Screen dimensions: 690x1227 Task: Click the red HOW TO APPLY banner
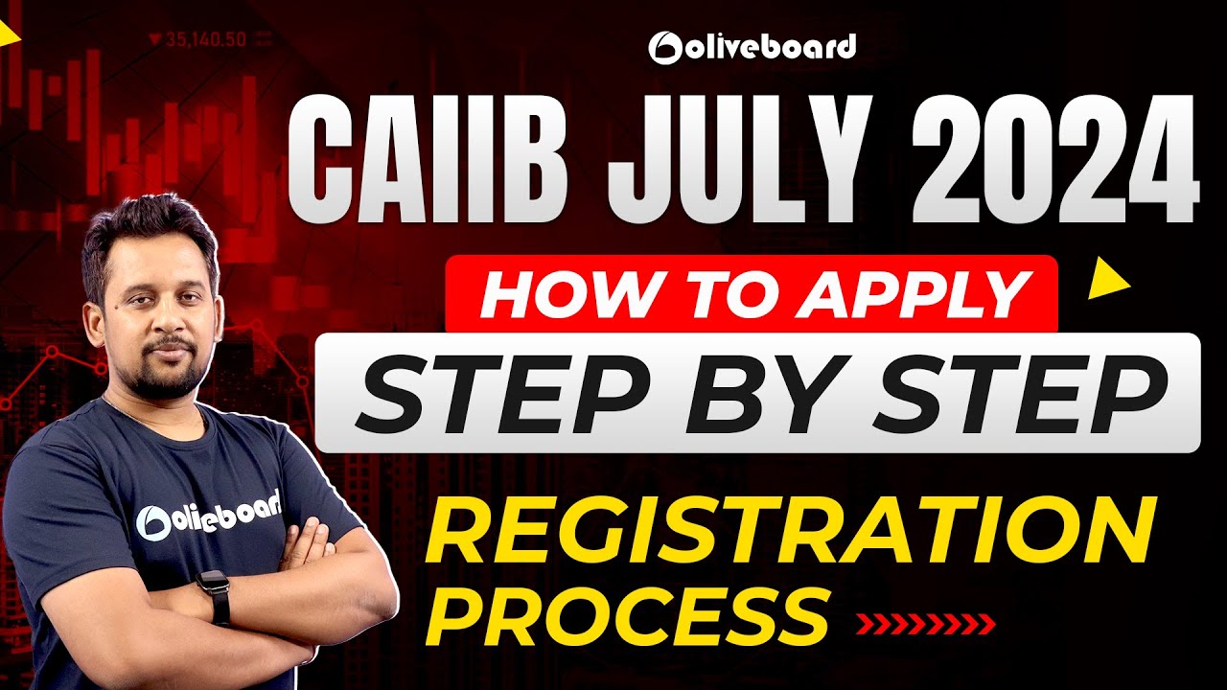pos(752,293)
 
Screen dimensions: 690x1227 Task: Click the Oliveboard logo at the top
pos(752,46)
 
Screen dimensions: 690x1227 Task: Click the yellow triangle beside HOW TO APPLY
pos(1110,280)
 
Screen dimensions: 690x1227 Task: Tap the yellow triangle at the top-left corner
pos(9,34)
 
